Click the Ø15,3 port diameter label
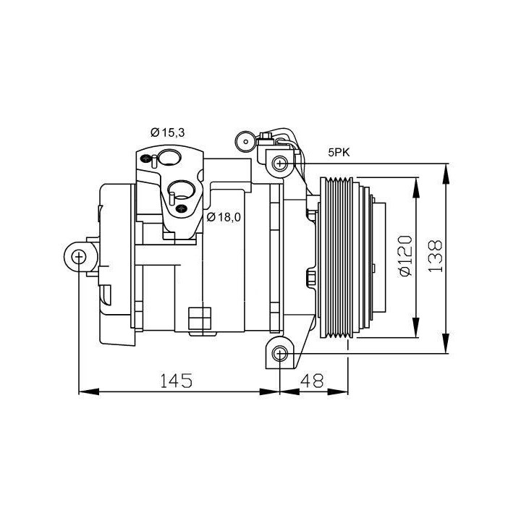click(x=168, y=132)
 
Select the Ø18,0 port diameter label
click(x=224, y=216)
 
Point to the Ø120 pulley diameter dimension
click(x=404, y=255)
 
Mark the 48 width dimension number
click(x=313, y=381)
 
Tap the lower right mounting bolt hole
click(x=281, y=352)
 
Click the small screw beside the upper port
click(x=148, y=158)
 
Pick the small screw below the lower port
click(x=181, y=210)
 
